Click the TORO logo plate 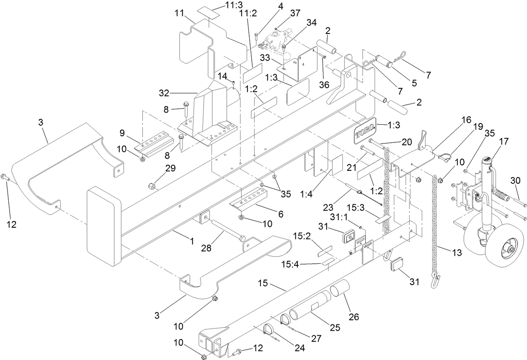[x=364, y=133]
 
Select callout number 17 [x=504, y=142]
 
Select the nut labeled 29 [x=152, y=185]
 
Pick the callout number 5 [x=414, y=83]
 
